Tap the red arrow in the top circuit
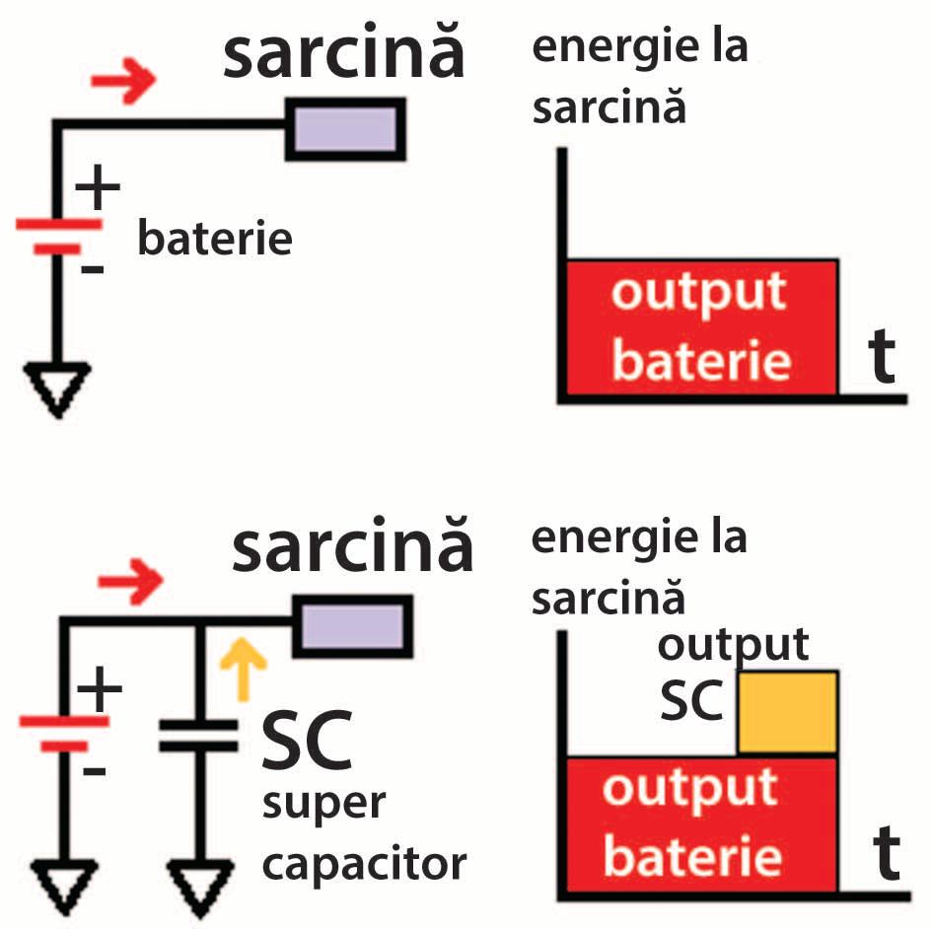click(124, 82)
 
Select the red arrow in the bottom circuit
click(131, 585)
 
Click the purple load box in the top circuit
click(345, 128)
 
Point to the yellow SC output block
click(788, 712)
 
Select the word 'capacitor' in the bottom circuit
click(363, 864)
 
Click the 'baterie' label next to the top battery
click(215, 239)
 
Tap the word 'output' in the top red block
click(698, 294)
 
